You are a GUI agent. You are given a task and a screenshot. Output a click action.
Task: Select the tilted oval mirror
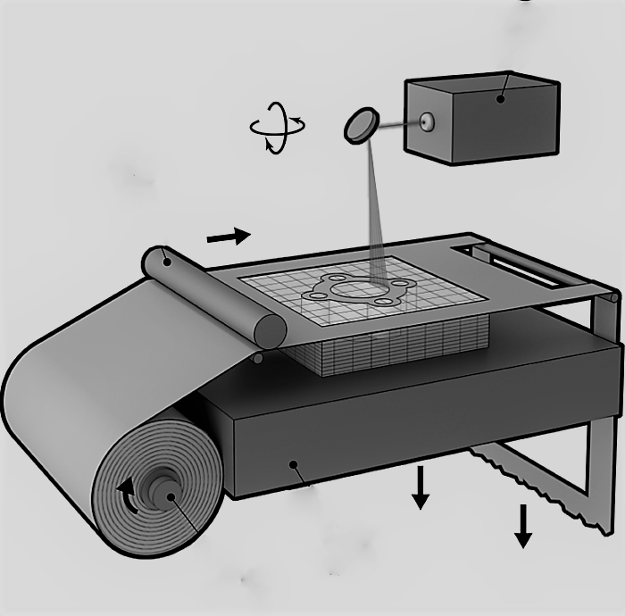(x=361, y=125)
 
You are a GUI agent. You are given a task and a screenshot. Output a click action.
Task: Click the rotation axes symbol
(x=277, y=127)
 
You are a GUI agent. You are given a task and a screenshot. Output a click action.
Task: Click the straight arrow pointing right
(x=229, y=237)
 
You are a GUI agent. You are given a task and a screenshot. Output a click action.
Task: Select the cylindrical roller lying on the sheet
(x=214, y=296)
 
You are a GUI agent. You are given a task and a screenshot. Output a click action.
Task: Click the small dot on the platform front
(x=292, y=464)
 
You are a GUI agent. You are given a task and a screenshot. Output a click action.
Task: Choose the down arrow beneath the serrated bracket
(x=523, y=528)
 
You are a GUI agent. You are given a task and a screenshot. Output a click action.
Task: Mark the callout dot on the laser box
(x=501, y=99)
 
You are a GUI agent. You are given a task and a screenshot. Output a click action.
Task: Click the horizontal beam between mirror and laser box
(x=397, y=125)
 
